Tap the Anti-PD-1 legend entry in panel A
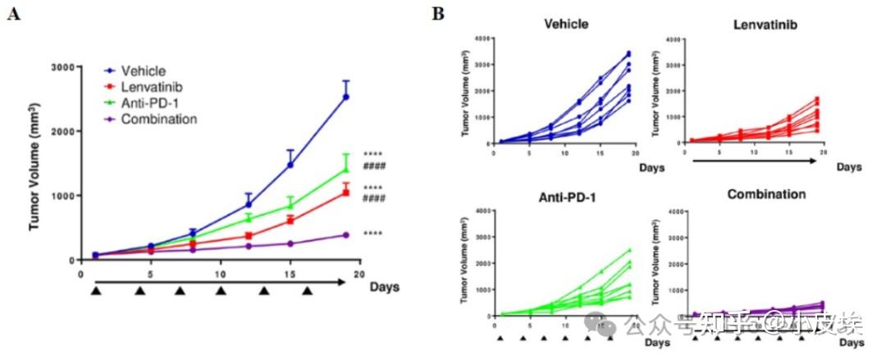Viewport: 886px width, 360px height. point(149,103)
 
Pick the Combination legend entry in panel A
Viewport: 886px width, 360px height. point(158,119)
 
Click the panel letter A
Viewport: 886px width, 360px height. point(13,14)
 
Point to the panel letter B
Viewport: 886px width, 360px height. point(439,13)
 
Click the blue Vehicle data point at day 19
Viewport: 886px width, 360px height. point(346,97)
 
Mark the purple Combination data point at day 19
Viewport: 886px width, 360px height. point(346,235)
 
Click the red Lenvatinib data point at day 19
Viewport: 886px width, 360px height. point(346,192)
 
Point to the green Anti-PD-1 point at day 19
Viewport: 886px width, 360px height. point(346,170)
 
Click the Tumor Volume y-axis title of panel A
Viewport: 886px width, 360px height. point(35,164)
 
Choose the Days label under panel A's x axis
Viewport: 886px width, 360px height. point(384,286)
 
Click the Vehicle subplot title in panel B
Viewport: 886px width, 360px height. point(566,24)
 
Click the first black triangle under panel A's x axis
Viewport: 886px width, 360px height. point(96,290)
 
